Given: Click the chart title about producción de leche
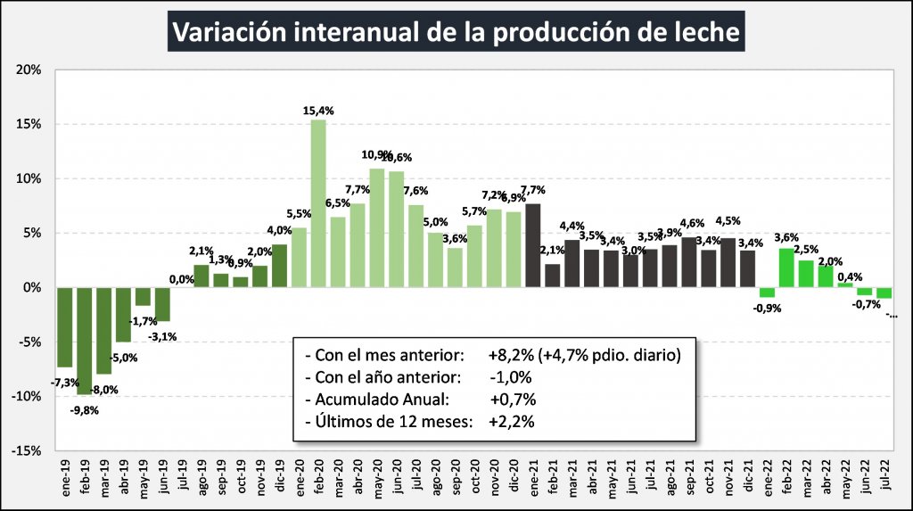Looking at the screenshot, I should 456,31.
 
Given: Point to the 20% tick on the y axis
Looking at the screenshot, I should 29,70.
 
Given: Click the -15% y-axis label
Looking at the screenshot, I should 27,450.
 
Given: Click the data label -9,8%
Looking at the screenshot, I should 85,410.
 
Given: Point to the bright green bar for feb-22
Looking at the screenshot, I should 786,268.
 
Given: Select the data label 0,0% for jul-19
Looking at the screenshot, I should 182,279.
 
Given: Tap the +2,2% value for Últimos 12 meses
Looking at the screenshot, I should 511,423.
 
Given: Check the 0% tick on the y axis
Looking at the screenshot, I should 32,287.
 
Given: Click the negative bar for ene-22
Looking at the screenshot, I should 767,293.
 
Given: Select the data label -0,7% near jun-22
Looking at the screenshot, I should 863,305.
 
